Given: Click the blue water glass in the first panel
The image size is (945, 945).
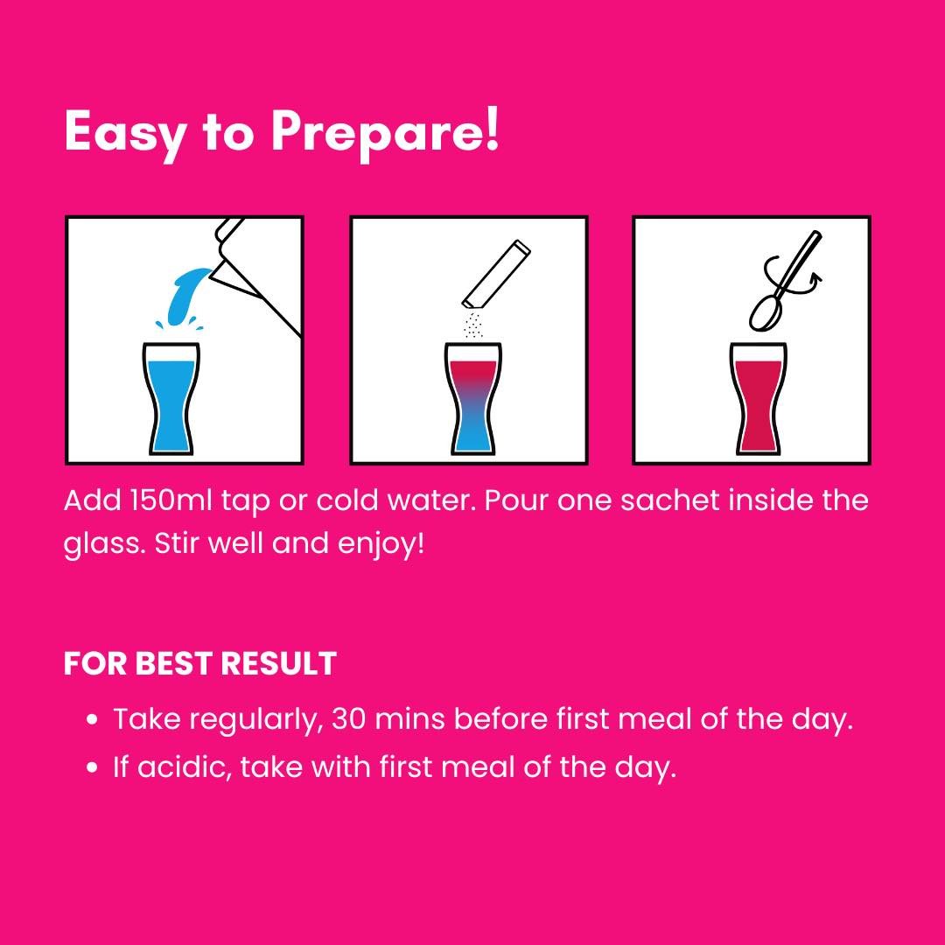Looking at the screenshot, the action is point(171,399).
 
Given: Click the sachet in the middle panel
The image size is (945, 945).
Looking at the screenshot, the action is point(496,275).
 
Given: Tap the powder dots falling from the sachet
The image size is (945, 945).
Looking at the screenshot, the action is point(473,325).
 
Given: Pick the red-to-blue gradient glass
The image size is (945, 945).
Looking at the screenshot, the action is point(473,399).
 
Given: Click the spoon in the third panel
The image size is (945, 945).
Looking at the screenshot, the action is point(783,281).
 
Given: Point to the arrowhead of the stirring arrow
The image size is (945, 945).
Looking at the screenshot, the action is point(815,278).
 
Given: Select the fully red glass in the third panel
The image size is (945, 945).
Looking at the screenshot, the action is point(758,399).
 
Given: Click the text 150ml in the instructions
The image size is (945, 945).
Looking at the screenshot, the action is point(171,500).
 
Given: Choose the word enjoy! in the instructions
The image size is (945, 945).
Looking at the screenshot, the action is point(381,544).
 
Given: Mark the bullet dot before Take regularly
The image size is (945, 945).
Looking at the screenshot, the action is point(92,719).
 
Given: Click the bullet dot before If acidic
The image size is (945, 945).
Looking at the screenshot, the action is point(92,767).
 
